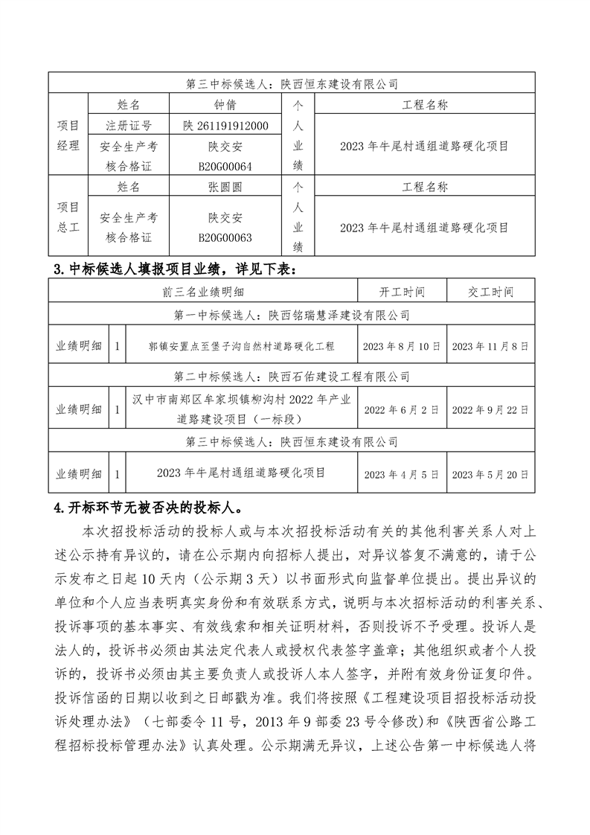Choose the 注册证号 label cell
coord(129,125)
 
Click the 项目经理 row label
coord(68,135)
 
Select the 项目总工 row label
coord(68,217)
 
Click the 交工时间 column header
coord(491,292)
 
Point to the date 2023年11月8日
coord(491,346)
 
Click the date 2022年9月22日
coord(491,409)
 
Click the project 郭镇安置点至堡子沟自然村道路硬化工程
coord(241,346)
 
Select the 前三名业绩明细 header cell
coord(202,292)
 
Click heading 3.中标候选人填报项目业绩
coord(179,268)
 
